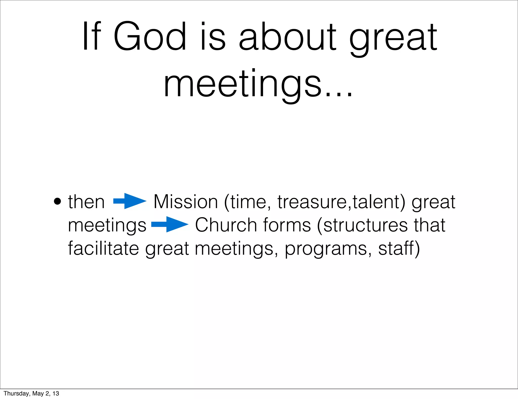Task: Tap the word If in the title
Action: pos(92,37)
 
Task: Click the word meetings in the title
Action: pos(243,85)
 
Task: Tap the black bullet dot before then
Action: pos(57,202)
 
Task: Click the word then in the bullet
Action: pos(86,202)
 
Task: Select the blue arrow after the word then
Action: pos(130,201)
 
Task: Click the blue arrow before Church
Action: pos(170,224)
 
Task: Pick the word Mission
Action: pos(186,202)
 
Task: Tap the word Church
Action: pos(226,225)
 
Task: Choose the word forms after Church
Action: pos(287,225)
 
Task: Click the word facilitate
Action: pos(103,248)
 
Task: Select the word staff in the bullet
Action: pos(396,248)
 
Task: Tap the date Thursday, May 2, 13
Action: pos(31,393)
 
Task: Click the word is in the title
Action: pos(212,37)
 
